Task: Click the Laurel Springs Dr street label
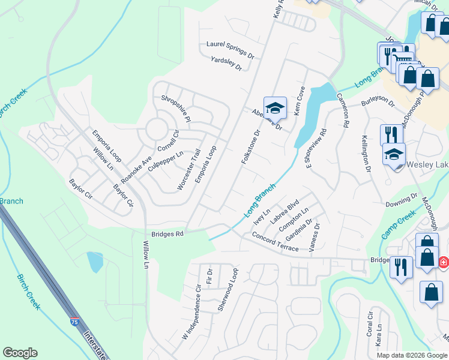[231, 49]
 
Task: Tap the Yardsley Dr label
[226, 63]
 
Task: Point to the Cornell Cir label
[168, 142]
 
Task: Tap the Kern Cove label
[299, 100]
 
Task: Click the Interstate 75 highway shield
[74, 322]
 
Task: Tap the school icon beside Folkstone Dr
[275, 108]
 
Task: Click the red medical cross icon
[443, 262]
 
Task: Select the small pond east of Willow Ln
[95, 262]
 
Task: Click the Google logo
[20, 353]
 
